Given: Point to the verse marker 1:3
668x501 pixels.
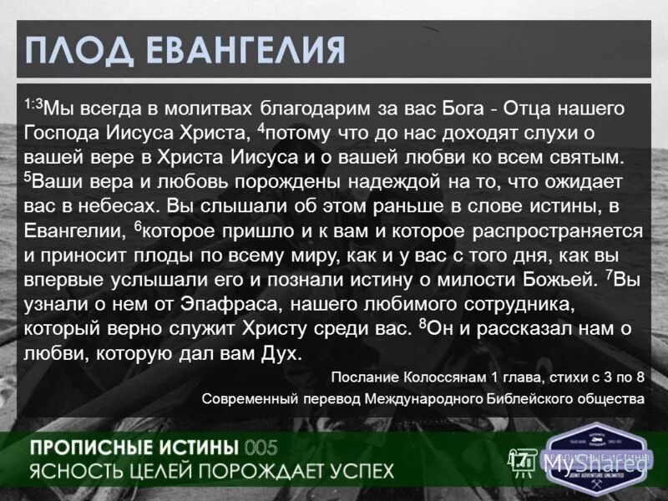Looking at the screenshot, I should pyautogui.click(x=33, y=104).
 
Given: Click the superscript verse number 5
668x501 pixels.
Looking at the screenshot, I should pyautogui.click(x=27, y=176).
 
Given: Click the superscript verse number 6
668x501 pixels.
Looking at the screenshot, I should pyautogui.click(x=137, y=225).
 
